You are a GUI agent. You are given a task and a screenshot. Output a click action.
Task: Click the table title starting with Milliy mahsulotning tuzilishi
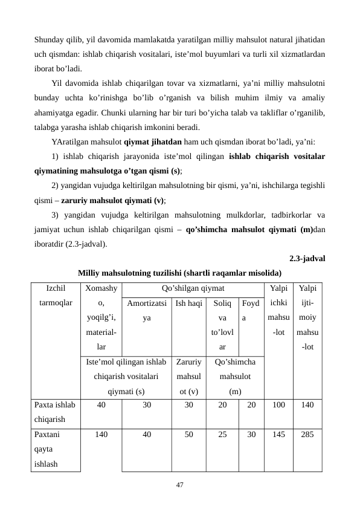coord(180,271)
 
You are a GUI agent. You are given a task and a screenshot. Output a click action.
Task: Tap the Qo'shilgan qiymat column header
coord(193,289)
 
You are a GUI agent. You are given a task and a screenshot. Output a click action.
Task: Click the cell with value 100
coord(278,406)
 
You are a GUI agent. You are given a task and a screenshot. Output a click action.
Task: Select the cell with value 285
coord(307,434)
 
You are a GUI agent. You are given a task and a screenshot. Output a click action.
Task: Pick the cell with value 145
coord(278,434)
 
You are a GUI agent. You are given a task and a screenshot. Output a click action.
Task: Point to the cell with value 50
coord(188,434)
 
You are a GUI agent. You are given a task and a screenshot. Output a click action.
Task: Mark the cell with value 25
coord(222,434)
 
